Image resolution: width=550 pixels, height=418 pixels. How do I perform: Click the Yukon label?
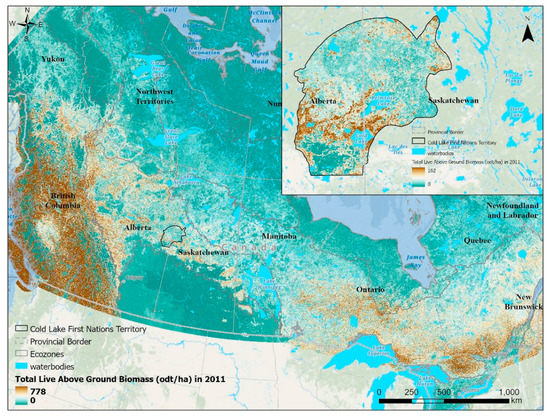coord(52,60)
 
